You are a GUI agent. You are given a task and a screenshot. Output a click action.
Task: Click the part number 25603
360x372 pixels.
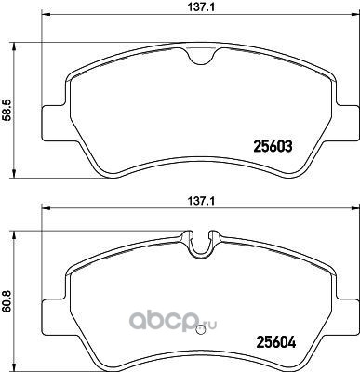(273, 146)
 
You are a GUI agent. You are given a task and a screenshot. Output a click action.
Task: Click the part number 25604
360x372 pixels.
(275, 342)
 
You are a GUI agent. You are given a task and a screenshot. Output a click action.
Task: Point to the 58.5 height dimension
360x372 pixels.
(7, 110)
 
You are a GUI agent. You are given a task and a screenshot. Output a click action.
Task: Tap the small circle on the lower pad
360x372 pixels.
(201, 330)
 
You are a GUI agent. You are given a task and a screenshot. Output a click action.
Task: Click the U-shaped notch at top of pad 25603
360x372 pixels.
(202, 56)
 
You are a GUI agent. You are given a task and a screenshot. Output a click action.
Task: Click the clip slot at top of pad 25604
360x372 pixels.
(202, 245)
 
